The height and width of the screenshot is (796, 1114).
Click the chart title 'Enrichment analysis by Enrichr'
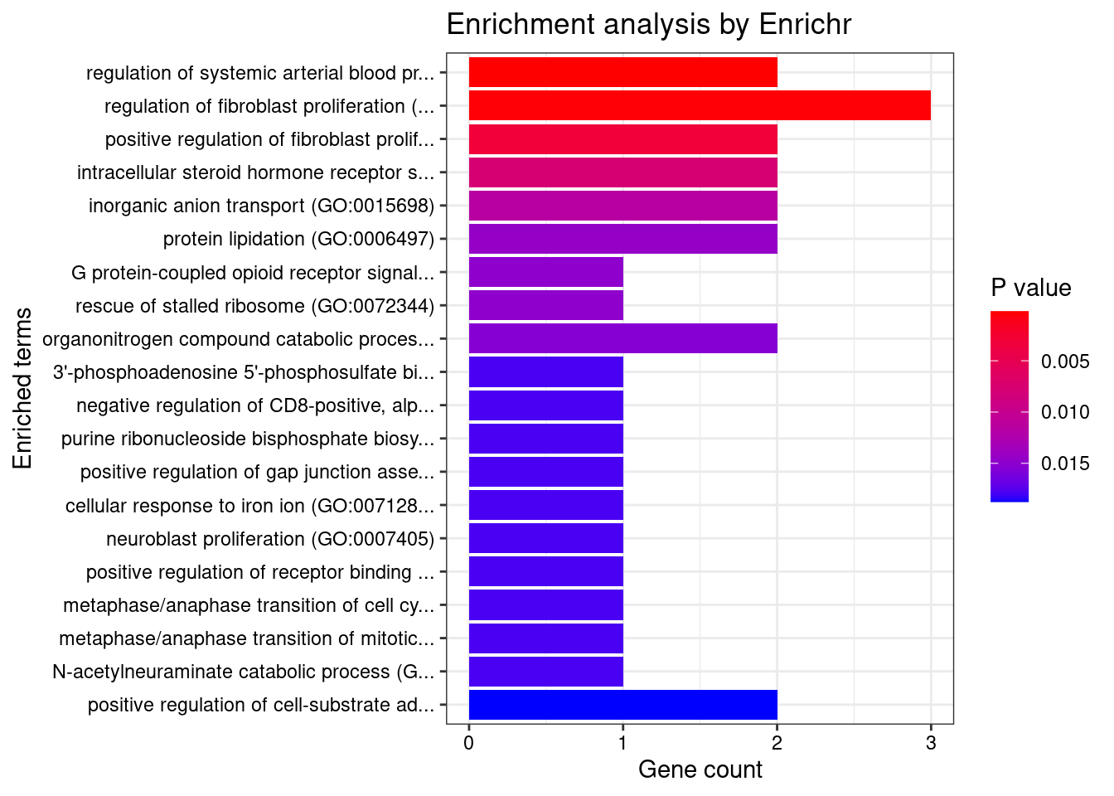tap(648, 25)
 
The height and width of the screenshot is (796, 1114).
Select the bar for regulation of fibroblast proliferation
tap(700, 106)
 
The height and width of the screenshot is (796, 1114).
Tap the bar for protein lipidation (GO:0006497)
tap(622, 239)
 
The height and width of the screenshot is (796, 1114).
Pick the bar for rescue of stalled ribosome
tap(545, 306)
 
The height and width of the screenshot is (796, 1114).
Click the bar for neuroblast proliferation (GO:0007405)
tap(545, 539)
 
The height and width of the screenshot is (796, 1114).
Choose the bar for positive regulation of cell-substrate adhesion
tap(622, 705)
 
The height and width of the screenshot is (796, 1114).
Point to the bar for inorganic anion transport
tap(622, 206)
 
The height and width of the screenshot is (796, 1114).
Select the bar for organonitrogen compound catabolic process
tap(622, 339)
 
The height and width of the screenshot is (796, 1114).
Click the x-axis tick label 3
tap(931, 743)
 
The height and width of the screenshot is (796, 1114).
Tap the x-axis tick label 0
tap(469, 743)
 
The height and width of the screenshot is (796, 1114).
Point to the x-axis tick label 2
tap(777, 743)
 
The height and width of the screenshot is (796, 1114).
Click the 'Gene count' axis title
tap(700, 770)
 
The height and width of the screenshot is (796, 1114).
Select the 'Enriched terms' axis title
tap(23, 388)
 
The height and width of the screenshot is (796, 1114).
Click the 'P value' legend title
tap(1030, 289)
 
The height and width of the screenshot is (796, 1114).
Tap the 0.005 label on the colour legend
tap(1065, 362)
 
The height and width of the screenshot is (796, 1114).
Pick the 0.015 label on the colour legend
tap(1065, 464)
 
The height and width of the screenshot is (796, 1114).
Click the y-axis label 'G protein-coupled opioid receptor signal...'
tap(253, 273)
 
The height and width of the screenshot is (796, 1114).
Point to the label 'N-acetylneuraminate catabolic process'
tap(243, 672)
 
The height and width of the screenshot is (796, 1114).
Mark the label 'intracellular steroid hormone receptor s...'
tap(255, 172)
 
